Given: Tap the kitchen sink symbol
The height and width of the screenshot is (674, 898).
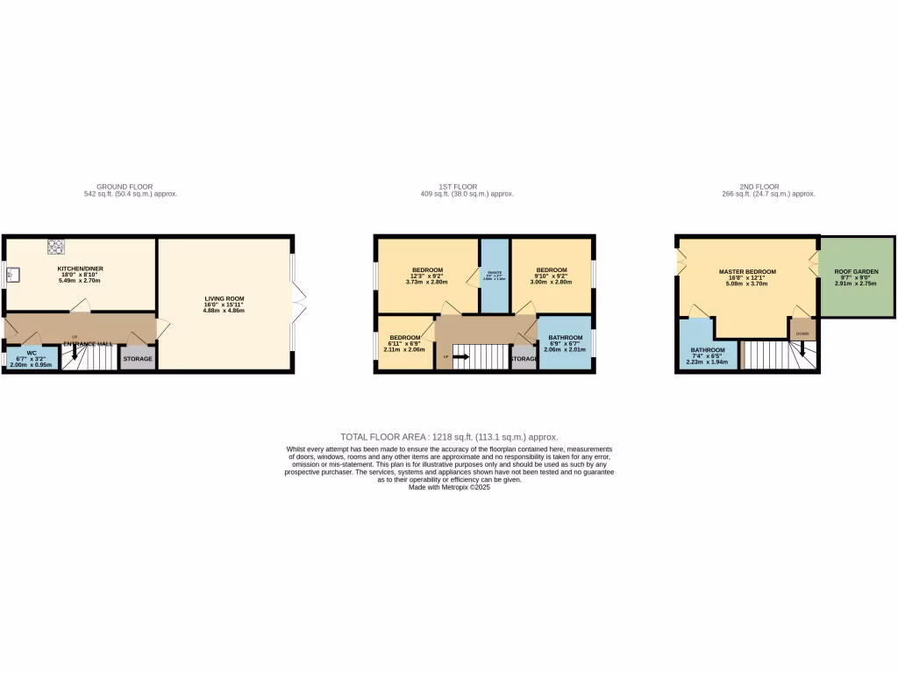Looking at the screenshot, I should tap(10, 276).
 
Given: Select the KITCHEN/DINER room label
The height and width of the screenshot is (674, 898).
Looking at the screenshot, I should tap(79, 275).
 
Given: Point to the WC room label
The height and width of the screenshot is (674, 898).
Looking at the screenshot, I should tap(31, 359).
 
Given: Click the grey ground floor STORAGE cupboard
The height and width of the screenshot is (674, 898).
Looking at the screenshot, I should tap(138, 358).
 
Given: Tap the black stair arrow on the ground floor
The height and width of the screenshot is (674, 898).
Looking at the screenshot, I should tap(74, 353).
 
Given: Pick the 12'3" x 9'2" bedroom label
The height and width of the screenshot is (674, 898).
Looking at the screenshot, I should tap(427, 275).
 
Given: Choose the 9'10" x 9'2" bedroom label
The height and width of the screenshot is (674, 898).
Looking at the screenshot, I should tap(552, 275).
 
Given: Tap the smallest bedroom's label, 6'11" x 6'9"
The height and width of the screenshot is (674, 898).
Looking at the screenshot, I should tap(405, 343).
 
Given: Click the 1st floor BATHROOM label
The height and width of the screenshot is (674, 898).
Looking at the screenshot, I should tap(564, 343).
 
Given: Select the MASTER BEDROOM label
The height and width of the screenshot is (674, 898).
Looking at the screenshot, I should tap(747, 277).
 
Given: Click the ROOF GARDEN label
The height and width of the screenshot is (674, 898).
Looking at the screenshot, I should tap(856, 277).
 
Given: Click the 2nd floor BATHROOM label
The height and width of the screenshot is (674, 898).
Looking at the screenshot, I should tap(708, 355).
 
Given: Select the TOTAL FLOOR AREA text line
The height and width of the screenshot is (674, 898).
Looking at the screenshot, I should tap(448, 436).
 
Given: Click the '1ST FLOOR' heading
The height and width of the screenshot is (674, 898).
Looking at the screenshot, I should tap(457, 187).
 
